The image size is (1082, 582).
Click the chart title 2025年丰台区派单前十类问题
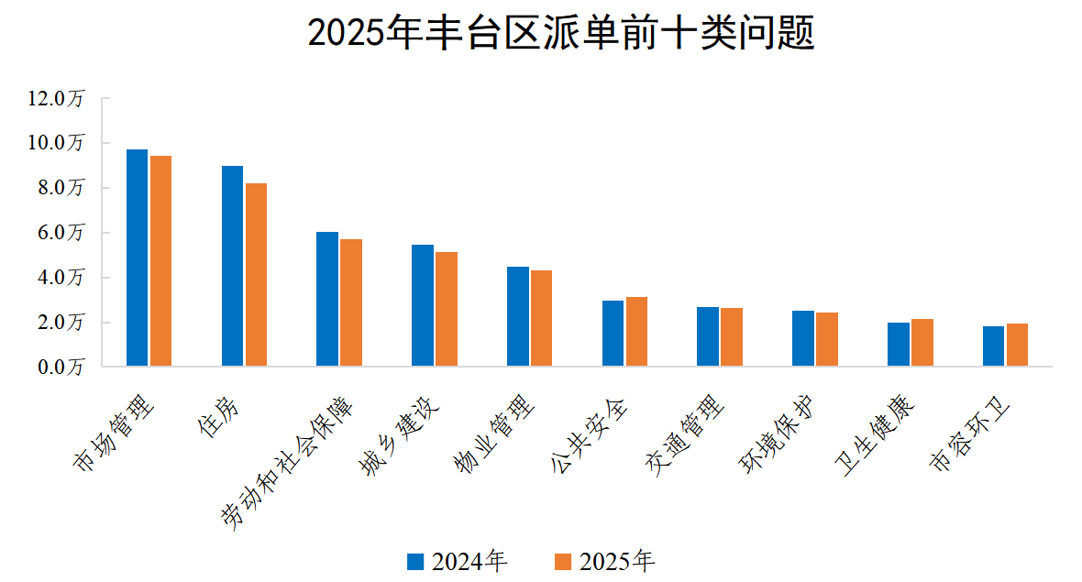pos(560,35)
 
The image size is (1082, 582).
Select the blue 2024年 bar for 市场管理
pos(137,258)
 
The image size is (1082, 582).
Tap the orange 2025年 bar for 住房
pos(256,275)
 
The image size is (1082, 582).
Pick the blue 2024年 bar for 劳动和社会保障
pos(327,300)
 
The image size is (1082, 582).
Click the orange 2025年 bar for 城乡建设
pos(447,310)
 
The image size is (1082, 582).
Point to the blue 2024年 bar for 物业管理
pos(518,317)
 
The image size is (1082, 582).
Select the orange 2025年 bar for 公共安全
pos(636,332)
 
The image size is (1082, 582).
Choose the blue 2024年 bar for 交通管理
pos(707,337)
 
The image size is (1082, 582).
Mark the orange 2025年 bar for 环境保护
pos(826,340)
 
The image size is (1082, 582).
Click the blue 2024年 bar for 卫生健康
pos(898,345)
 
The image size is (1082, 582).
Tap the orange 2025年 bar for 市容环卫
pos(1016,346)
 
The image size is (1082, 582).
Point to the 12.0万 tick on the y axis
pos(57,99)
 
